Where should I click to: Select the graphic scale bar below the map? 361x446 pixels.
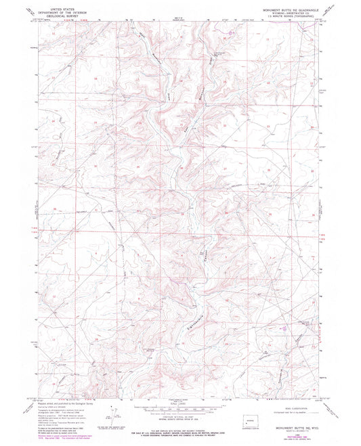pyautogui.click(x=180, y=407)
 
